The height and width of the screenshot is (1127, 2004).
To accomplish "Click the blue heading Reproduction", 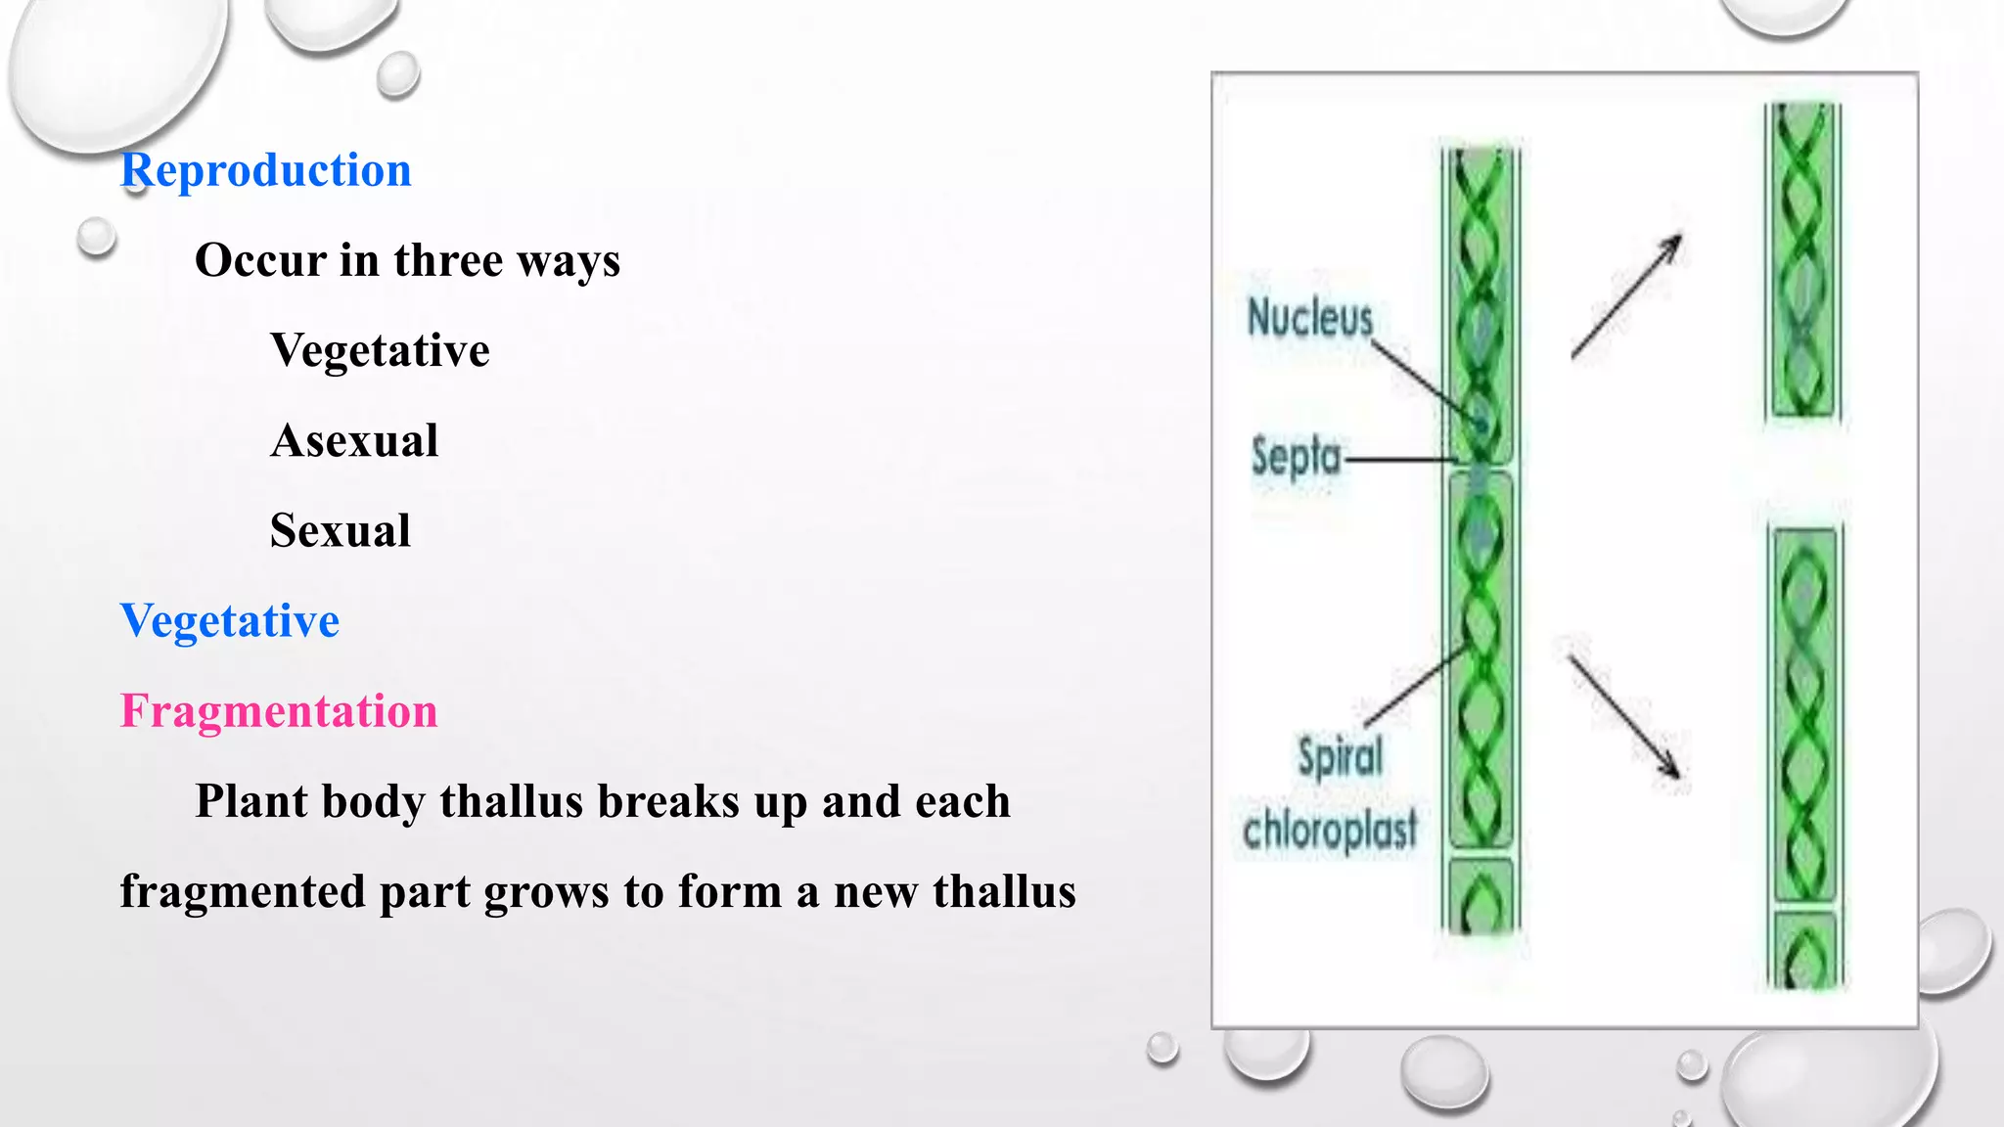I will pos(265,171).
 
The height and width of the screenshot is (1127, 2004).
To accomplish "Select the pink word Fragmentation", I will pos(279,711).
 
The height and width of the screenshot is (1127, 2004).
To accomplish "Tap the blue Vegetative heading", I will pos(230,621).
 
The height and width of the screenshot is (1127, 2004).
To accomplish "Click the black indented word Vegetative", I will pos(380,350).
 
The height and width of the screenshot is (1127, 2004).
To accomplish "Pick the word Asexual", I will pos(354,440).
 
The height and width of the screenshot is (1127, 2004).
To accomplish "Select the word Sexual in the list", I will pos(340,530).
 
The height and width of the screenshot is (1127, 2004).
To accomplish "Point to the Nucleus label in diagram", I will pos(1309,318).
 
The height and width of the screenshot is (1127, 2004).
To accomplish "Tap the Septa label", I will pos(1295,457).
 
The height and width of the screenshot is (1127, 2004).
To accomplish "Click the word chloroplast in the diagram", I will pos(1329,830).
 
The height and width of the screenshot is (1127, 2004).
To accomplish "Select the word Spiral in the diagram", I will pos(1340,756).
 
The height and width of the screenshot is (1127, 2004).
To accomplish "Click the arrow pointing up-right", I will pos(1626,296).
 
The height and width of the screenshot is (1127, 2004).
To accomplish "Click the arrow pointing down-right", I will pos(1624,717).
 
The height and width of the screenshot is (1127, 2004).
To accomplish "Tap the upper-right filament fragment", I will pos(1802,261).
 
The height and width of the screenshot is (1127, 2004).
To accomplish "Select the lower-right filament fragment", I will pos(1805,753).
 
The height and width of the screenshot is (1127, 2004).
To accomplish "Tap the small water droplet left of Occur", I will pos(96,237).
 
